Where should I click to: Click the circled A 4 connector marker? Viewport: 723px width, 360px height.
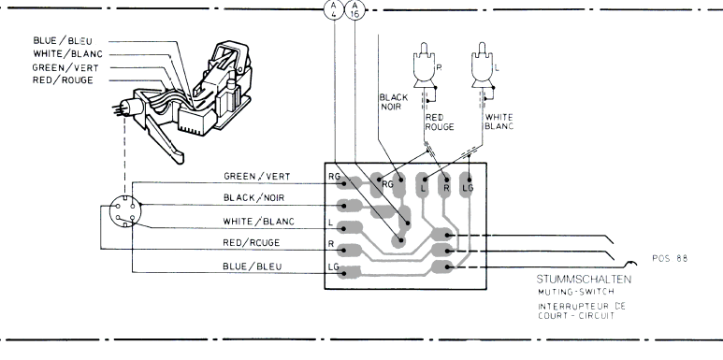pyautogui.click(x=334, y=9)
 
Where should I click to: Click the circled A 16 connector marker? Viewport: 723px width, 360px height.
pyautogui.click(x=354, y=9)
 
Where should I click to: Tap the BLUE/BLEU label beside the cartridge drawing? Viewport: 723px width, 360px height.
pyautogui.click(x=63, y=41)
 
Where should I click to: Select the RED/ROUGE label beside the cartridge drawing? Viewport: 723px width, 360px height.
pyautogui.click(x=63, y=80)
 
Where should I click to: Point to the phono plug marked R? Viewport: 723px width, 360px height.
pyautogui.click(x=425, y=65)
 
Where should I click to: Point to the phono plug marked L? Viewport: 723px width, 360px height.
pyautogui.click(x=483, y=65)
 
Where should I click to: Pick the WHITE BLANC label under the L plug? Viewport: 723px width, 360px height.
pyautogui.click(x=499, y=122)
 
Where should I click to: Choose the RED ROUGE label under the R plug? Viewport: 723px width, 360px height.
pyautogui.click(x=440, y=122)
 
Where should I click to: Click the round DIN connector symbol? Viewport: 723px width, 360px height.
pyautogui.click(x=125, y=211)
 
